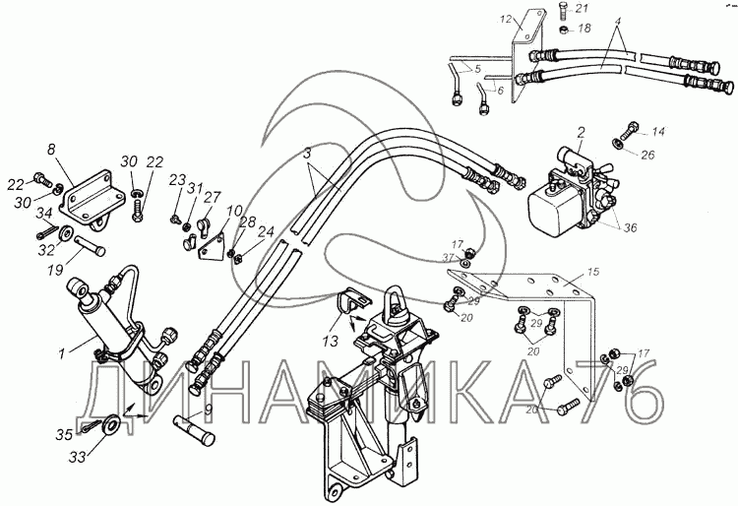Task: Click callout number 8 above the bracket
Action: coord(51,150)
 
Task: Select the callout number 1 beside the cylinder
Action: coord(61,353)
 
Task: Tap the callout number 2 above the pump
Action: coord(582,132)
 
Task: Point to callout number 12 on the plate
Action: coord(506,20)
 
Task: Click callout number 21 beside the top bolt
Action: coord(582,8)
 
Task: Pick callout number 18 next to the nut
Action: coord(584,29)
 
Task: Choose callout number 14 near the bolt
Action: coord(658,131)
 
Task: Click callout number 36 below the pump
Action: coord(630,227)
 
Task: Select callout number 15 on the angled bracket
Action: coord(593,272)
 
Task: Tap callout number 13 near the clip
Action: coord(331,342)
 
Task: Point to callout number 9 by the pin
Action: coord(208,411)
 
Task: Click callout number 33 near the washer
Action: coord(78,456)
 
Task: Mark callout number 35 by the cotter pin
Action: coord(65,434)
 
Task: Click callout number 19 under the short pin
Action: coord(55,271)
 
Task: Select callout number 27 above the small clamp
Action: coord(213,197)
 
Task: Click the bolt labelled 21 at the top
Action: coord(564,10)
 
